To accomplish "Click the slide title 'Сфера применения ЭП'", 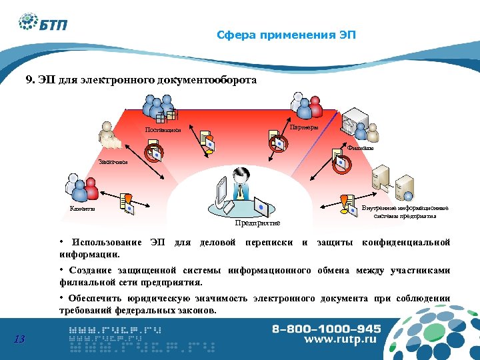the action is (286, 35).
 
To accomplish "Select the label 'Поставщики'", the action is (163, 129).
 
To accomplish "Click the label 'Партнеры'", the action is (303, 127).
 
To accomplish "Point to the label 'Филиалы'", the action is (360, 148).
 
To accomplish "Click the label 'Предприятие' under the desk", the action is (257, 223).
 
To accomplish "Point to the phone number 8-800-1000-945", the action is (326, 329).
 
